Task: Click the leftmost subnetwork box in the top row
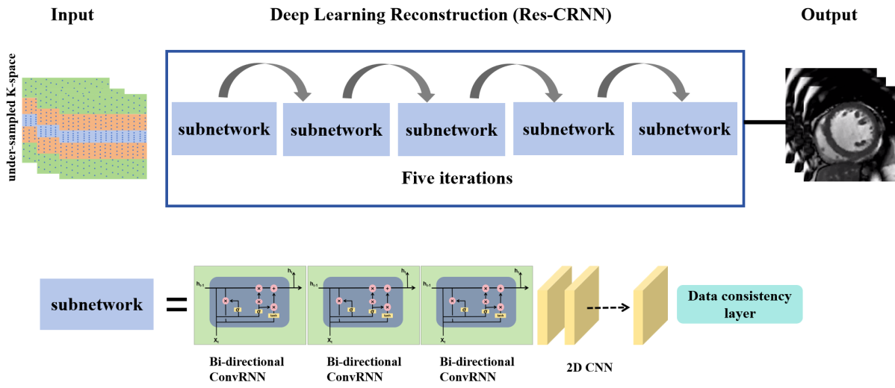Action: (x=223, y=128)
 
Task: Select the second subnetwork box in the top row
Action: (x=335, y=130)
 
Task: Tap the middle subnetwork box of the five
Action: (x=451, y=130)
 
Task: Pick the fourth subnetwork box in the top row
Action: (x=568, y=128)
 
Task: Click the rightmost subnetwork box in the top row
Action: (x=684, y=128)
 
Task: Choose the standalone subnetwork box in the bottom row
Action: (x=96, y=304)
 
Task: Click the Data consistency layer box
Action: (x=740, y=304)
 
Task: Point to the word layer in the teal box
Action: (x=740, y=313)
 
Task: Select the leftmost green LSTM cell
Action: (x=250, y=305)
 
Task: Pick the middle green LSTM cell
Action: (x=364, y=305)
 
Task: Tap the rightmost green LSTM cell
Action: (x=477, y=305)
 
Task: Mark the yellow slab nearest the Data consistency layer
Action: (x=649, y=306)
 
